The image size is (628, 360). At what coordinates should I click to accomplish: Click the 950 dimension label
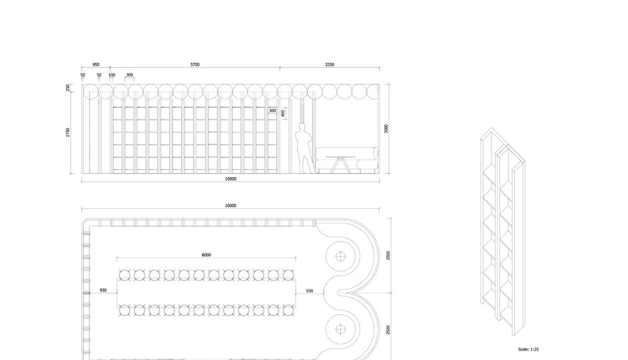point(96,65)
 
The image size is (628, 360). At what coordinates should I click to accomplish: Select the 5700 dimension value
point(194,65)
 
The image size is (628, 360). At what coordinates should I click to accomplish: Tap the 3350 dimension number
point(330,65)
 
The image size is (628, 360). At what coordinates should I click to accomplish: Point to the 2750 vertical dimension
point(68,133)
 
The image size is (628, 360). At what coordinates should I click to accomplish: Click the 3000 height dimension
point(386,128)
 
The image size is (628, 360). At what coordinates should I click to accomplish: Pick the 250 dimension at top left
point(68,88)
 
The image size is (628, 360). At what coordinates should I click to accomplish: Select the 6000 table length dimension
point(206,255)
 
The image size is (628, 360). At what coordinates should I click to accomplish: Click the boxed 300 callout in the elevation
point(272,111)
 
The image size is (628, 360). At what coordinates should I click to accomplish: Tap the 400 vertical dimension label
point(283,114)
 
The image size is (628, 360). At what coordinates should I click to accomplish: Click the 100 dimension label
point(111,75)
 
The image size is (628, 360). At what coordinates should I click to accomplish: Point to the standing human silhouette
point(303,148)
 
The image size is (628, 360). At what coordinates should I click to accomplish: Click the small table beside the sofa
point(341,163)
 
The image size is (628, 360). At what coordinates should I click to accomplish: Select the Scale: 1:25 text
point(528,349)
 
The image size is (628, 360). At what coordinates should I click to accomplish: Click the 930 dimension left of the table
point(103,291)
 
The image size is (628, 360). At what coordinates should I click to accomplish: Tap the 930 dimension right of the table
point(310,291)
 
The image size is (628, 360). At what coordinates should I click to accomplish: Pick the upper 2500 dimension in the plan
point(388,256)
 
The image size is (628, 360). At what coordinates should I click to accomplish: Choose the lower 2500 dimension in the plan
point(388,329)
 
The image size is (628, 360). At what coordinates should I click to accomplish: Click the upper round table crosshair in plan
point(341,256)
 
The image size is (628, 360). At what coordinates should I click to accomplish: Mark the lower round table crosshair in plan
point(341,329)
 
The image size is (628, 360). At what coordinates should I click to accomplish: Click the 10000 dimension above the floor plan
point(230,206)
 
